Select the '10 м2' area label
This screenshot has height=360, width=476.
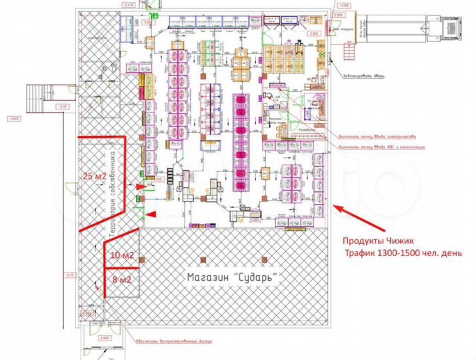pyautogui.click(x=121, y=255)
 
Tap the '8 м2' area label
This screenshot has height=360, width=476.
pyautogui.click(x=121, y=279)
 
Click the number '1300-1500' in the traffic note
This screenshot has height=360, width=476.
pyautogui.click(x=399, y=253)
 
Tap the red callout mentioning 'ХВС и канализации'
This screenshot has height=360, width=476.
pyautogui.click(x=381, y=147)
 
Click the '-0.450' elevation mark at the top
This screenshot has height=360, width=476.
pyautogui.click(x=129, y=5)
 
